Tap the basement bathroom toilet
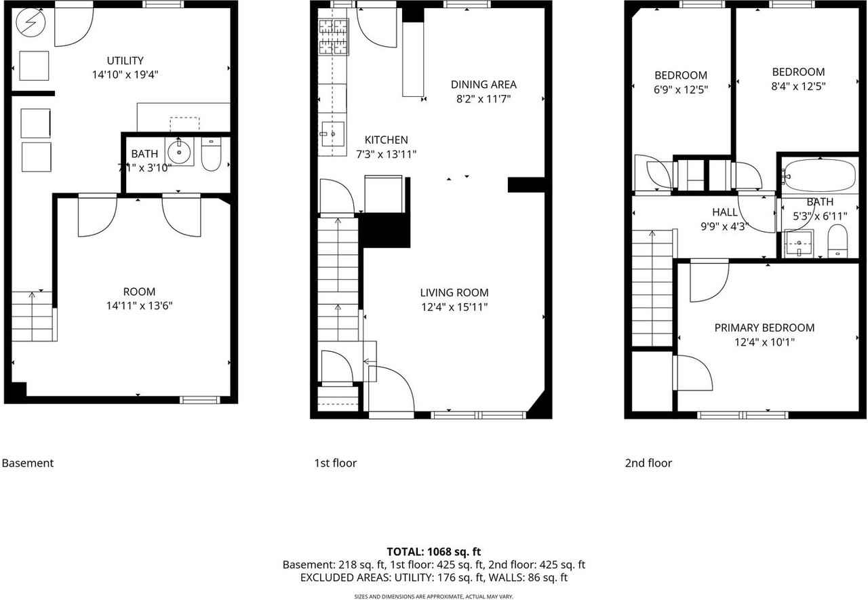pos(211,155)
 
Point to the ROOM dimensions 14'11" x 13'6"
pos(139,306)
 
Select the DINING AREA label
pos(484,85)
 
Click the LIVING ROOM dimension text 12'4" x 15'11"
pos(454,306)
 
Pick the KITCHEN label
pos(386,140)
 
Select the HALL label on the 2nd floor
pos(725,212)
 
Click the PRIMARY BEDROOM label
pos(764,327)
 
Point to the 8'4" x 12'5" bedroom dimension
pos(798,86)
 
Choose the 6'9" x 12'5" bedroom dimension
pos(681,89)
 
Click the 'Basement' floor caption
pos(28,463)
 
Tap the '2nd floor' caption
pos(648,463)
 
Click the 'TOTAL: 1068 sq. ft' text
pos(433,552)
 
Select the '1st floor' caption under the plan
pos(335,463)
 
